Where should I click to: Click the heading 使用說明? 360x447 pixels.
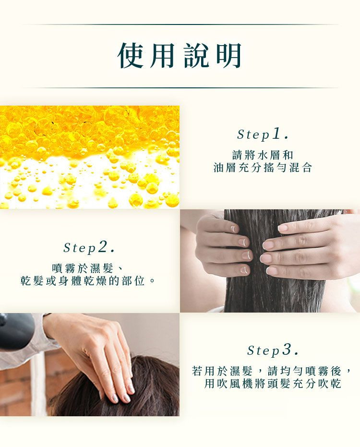180,56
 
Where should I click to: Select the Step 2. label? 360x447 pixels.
89,247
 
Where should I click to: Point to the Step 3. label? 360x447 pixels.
273,350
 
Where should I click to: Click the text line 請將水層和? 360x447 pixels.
263,155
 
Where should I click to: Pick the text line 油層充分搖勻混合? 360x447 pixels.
263,168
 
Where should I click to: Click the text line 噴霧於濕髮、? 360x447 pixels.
87,268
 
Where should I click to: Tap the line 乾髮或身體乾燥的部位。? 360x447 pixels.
88,281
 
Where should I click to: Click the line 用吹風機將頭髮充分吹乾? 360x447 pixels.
273,384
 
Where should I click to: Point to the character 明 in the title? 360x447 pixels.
229,56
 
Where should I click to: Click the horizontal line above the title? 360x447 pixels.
180,24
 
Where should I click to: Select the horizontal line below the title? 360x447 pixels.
180,88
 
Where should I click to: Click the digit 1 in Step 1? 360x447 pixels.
276,133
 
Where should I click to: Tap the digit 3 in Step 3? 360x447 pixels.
287,350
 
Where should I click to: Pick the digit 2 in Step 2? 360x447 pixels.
103,247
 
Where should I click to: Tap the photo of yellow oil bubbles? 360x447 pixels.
90,157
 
